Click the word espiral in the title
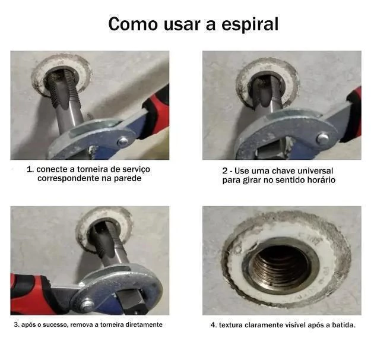[x=250, y=24]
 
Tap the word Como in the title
[x=133, y=24]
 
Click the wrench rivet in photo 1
[x=123, y=142]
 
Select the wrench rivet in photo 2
[x=323, y=138]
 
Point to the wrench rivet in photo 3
[x=87, y=305]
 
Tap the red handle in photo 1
[x=156, y=112]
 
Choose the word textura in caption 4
[x=231, y=325]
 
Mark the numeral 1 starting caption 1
[x=30, y=169]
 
